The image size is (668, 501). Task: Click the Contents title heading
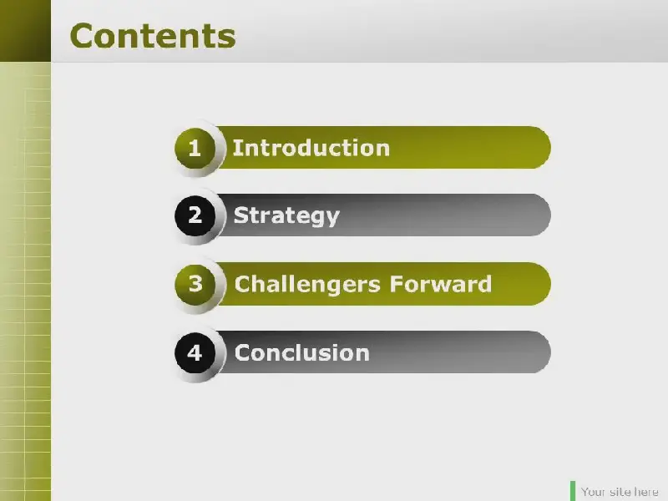(153, 36)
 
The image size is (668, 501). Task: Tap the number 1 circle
(195, 149)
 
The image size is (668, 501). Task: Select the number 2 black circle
(195, 215)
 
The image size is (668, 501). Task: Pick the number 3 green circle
(195, 284)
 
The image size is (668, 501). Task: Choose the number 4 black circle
(195, 352)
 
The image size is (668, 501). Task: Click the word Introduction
(311, 149)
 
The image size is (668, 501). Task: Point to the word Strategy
(286, 216)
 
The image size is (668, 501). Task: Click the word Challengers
(307, 285)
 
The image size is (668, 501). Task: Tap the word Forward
(441, 284)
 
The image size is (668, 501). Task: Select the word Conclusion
(302, 352)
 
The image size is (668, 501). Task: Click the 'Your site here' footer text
(620, 492)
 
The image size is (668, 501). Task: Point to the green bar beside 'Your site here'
(573, 491)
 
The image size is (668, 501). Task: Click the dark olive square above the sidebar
(25, 31)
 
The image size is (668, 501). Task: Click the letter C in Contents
(83, 36)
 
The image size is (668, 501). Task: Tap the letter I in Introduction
(236, 149)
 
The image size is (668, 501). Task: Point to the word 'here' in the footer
(646, 492)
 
